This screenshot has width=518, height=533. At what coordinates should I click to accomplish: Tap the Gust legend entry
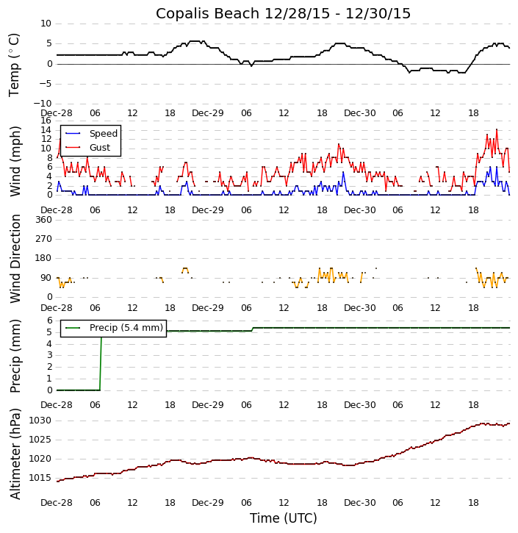(99, 148)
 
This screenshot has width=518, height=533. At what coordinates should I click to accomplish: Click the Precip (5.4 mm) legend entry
(126, 328)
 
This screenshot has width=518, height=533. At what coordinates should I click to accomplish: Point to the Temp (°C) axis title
(15, 64)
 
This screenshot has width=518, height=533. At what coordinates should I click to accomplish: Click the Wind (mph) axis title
(15, 160)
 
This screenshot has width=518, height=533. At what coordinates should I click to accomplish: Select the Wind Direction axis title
(15, 258)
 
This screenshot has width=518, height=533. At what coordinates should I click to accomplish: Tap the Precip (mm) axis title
(15, 355)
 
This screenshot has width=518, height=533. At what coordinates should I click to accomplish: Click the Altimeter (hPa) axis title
(15, 453)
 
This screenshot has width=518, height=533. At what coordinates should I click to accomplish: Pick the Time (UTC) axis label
(283, 518)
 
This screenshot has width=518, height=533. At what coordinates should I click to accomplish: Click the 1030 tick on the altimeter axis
(40, 421)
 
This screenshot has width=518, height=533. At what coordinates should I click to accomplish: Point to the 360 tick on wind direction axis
(43, 220)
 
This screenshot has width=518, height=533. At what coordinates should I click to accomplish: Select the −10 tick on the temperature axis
(42, 104)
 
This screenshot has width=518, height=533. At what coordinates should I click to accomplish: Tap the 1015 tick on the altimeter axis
(40, 478)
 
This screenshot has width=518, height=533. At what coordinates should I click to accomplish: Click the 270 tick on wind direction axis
(43, 239)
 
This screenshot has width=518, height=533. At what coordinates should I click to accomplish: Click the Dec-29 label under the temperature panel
(208, 113)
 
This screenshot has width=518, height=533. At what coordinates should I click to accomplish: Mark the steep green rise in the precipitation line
(101, 360)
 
